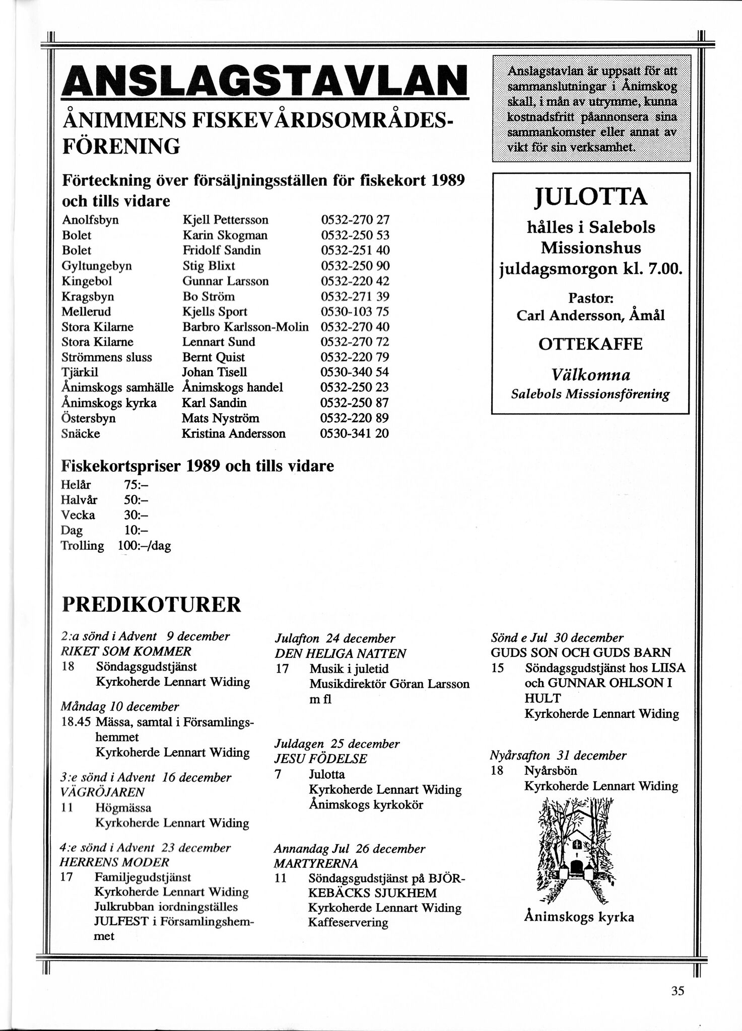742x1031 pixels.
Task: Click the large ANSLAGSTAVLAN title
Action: click(264, 80)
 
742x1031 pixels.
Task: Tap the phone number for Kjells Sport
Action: click(355, 312)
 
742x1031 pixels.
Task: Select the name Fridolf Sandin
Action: click(222, 250)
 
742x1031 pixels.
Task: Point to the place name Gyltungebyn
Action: click(97, 266)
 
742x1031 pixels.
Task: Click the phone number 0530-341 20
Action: click(355, 433)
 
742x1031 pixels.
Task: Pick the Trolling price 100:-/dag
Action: click(144, 546)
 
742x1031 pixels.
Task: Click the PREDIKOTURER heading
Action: click(151, 604)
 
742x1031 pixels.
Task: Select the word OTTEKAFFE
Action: click(590, 344)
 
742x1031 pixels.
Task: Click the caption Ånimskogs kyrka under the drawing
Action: click(579, 917)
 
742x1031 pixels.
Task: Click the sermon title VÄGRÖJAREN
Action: click(102, 792)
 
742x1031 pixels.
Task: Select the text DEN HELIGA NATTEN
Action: click(340, 653)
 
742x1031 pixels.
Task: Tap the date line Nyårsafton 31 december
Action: click(558, 755)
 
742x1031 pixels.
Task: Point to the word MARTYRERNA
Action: click(316, 863)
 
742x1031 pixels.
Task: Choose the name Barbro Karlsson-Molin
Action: click(245, 327)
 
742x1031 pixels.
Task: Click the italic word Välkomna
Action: click(590, 375)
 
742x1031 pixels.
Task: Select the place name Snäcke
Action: click(81, 433)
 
